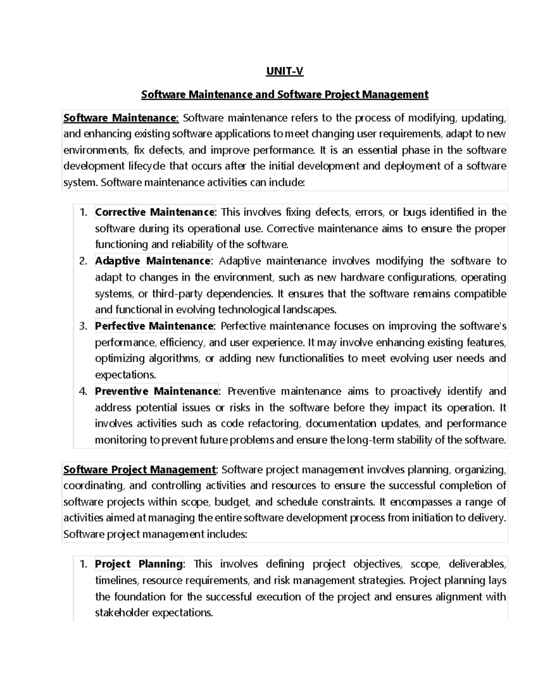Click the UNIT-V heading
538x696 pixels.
[285, 72]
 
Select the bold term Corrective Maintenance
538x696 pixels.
[155, 212]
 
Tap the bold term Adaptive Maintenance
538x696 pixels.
[152, 261]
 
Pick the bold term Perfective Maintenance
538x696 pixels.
[154, 326]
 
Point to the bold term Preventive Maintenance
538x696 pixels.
[156, 391]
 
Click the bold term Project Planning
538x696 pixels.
[139, 564]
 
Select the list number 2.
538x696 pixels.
[82, 261]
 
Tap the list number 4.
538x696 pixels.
[82, 391]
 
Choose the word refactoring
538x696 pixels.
[275, 424]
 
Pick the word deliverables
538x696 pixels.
[477, 564]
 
